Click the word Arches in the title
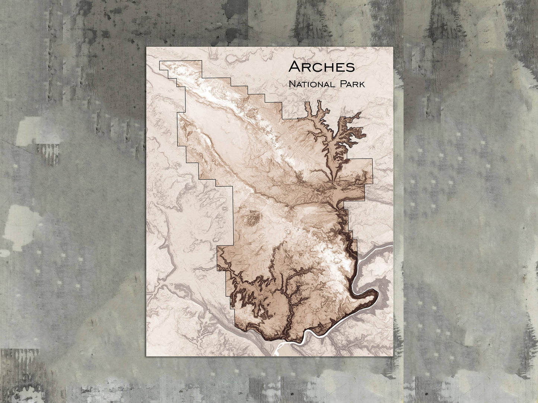click(x=322, y=67)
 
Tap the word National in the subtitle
click(x=311, y=84)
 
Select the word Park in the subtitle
click(x=351, y=84)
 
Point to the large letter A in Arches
click(x=294, y=67)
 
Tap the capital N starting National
click(x=292, y=84)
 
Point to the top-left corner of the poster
click(x=146, y=47)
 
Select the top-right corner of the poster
click(x=393, y=47)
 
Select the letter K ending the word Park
click(x=362, y=85)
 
